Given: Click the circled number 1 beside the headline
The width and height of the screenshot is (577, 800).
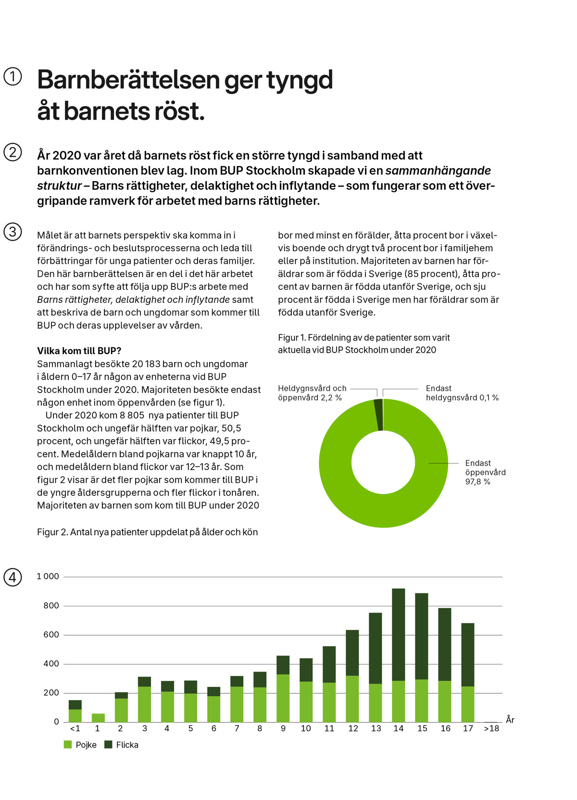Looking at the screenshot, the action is pyautogui.click(x=13, y=76).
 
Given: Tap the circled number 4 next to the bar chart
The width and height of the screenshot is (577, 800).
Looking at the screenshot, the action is pyautogui.click(x=13, y=577).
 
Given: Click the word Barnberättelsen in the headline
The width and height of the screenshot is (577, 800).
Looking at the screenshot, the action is pyautogui.click(x=129, y=80).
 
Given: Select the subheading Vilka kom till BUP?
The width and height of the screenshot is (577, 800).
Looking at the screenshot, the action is pyautogui.click(x=79, y=351).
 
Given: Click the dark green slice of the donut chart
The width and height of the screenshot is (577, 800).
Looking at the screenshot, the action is pyautogui.click(x=378, y=415).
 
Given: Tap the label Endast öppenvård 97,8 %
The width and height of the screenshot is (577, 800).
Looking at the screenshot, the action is pyautogui.click(x=485, y=472).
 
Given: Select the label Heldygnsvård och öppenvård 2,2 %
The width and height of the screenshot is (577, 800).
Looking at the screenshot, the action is pyautogui.click(x=312, y=393).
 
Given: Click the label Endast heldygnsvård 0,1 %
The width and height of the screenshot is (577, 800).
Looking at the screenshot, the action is pyautogui.click(x=462, y=393).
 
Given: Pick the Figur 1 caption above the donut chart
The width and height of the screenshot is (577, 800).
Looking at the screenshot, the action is pyautogui.click(x=364, y=344).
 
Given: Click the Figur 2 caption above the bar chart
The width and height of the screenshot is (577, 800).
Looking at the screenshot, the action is pyautogui.click(x=147, y=532).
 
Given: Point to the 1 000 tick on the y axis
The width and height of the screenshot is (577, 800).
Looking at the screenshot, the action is pyautogui.click(x=48, y=577).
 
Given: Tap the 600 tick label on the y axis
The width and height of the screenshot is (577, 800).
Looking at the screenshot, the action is pyautogui.click(x=51, y=635).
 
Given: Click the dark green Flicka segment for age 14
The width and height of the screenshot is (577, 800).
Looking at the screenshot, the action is pyautogui.click(x=398, y=635).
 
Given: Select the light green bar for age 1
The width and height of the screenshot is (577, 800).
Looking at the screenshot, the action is pyautogui.click(x=98, y=718).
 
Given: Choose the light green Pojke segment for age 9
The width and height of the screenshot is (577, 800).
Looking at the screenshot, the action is pyautogui.click(x=283, y=698).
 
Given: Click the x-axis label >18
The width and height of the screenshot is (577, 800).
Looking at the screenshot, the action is pyautogui.click(x=491, y=728).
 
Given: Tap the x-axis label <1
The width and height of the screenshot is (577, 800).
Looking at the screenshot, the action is pyautogui.click(x=75, y=728).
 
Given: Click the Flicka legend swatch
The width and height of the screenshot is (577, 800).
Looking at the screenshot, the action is pyautogui.click(x=108, y=744).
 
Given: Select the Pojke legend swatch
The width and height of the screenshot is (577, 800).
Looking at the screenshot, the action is pyautogui.click(x=68, y=744).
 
